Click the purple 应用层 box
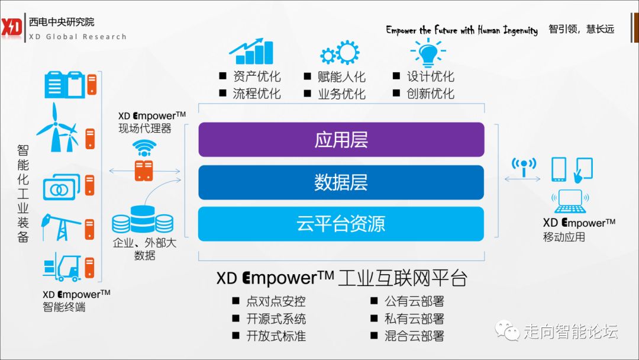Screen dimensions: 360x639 pos(341,140)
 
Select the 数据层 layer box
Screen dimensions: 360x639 pos(341,182)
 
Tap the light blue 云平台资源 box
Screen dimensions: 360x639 pos(341,224)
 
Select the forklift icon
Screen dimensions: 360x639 pos(62,267)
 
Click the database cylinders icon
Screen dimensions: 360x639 pos(143,220)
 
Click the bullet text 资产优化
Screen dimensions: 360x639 pos(256,77)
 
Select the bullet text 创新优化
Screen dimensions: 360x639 pos(430,94)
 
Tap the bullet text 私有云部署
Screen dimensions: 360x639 pos(414,319)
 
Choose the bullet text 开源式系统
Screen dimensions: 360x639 pos(276,319)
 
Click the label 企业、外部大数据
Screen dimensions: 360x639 pos(144,249)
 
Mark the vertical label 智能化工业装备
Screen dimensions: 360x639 pos(22,192)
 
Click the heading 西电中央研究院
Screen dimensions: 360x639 pos(62,22)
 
